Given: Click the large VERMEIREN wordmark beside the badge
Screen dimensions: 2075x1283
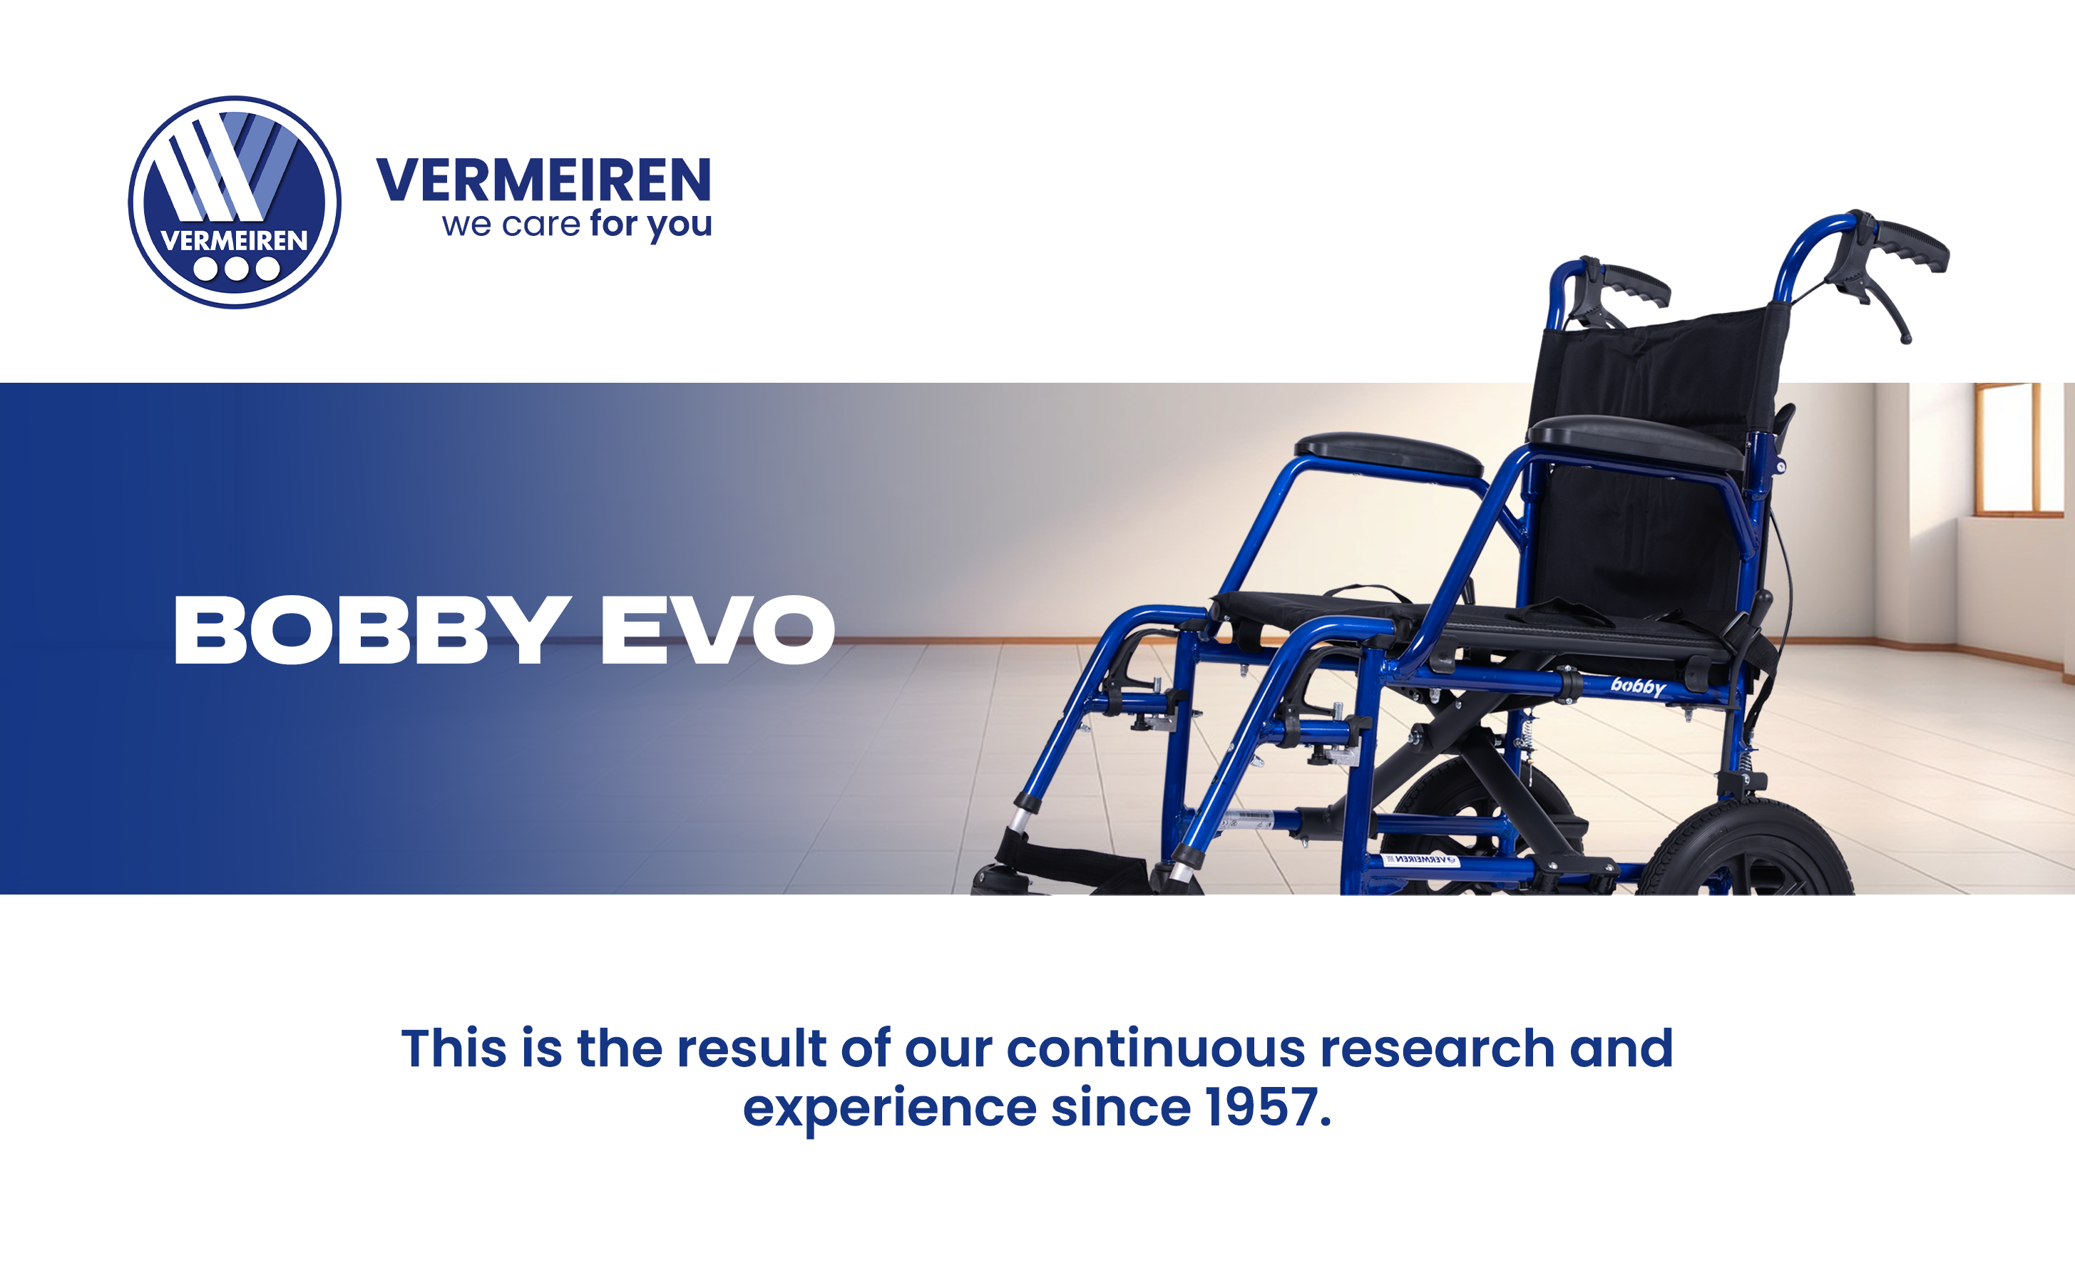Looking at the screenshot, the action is point(543,179).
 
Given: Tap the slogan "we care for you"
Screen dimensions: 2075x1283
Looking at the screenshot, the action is point(576,224).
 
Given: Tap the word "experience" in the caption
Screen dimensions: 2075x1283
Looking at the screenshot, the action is point(889,1108).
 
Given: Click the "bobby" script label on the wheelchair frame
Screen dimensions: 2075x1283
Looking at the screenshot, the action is point(1638,686).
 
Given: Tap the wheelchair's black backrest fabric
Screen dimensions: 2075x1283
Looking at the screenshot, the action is point(1655,441).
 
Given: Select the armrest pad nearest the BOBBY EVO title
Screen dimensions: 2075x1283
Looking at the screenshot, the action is point(1388,454).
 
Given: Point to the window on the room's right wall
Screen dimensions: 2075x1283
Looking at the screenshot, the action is point(2018,449).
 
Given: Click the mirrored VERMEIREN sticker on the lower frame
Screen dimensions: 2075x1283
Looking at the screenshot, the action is point(1422,860).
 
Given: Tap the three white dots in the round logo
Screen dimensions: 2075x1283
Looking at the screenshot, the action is point(236,269).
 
